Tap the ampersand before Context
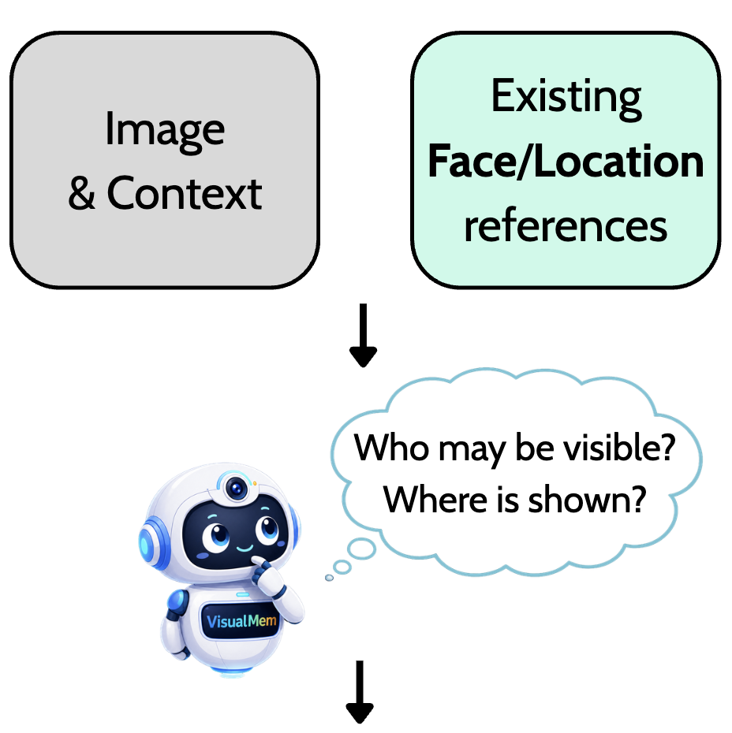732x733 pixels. point(81,194)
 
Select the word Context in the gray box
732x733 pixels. point(185,193)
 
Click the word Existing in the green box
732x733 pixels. point(566,99)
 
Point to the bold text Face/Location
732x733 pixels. point(566,162)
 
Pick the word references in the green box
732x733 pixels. point(566,225)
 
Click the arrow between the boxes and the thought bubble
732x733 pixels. point(363,335)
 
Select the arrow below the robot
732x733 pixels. point(360,692)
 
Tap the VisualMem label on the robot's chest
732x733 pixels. point(241,621)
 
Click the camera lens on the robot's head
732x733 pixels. point(237,489)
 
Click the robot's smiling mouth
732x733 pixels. point(245,548)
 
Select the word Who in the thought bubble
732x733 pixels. point(391,448)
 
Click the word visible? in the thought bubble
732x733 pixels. point(619,447)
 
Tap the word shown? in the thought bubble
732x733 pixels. point(587,499)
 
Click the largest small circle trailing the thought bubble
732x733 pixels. point(361,549)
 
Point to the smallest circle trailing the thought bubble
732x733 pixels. point(329,578)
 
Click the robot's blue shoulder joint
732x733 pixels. point(177,604)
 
